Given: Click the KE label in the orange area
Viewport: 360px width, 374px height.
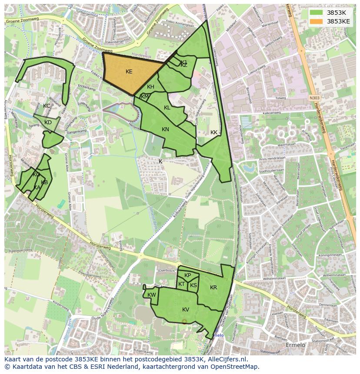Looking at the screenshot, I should coord(129,72).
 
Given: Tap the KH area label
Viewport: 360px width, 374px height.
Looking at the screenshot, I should coord(150,87).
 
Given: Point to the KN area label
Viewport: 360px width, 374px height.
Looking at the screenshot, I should coord(165,129).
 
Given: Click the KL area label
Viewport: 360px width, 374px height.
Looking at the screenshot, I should coord(167,108).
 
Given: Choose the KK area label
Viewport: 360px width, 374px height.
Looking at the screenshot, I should coord(213,132).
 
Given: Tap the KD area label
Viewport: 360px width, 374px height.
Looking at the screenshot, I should coord(48,122).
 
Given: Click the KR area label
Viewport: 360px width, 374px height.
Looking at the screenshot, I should coord(213,288).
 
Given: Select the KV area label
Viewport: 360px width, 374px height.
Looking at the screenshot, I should coord(186,310).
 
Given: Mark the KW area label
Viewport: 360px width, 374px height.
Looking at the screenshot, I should coord(151,295).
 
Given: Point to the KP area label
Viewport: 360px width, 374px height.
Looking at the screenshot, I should coord(187,275).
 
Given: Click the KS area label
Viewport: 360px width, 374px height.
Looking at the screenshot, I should coord(193,285).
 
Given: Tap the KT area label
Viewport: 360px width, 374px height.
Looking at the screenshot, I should coord(181,284).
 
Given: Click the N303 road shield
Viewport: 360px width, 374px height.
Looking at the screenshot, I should coord(315,99).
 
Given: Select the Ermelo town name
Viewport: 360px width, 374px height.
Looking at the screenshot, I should coord(295,345).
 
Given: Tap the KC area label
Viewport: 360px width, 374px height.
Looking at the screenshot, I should coord(47,106).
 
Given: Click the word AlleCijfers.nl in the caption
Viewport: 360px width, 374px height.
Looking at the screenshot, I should coord(227,359).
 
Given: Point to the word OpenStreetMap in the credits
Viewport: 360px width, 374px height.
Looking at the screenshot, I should coord(235,367).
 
